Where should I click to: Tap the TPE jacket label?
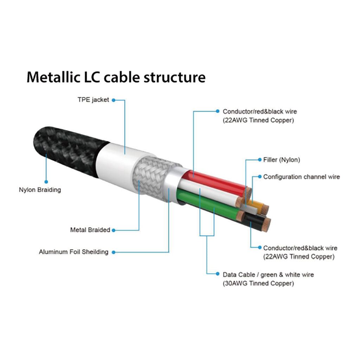pos(93,100)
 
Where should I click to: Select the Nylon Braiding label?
pos(40,190)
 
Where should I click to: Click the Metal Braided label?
pos(90,230)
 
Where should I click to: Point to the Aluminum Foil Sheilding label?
pos(73,252)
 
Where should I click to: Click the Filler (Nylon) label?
pos(282,160)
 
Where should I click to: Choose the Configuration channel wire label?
pos(301,176)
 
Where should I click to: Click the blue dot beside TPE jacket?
pos(113,100)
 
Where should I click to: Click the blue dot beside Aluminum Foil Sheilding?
pos(113,252)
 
